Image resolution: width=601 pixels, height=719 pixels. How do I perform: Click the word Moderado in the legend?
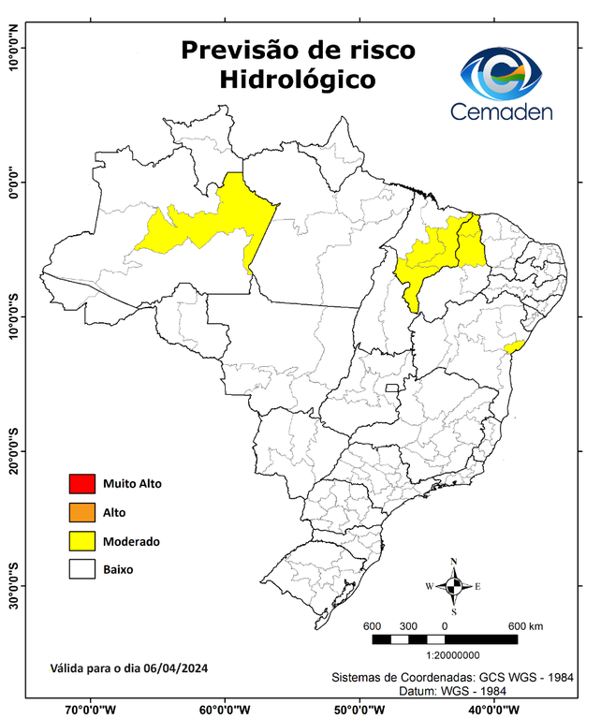pyautogui.click(x=132, y=541)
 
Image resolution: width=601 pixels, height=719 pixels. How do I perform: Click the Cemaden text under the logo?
pyautogui.click(x=502, y=111)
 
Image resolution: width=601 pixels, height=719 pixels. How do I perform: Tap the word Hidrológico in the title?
pyautogui.click(x=298, y=81)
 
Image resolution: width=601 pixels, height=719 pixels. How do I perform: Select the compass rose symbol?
pyautogui.click(x=454, y=586)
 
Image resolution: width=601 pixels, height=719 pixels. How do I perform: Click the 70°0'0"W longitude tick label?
pyautogui.click(x=91, y=709)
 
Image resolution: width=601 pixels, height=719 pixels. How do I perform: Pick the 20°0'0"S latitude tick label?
pyautogui.click(x=12, y=451)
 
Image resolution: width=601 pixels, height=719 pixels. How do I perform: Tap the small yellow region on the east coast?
pyautogui.click(x=511, y=347)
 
